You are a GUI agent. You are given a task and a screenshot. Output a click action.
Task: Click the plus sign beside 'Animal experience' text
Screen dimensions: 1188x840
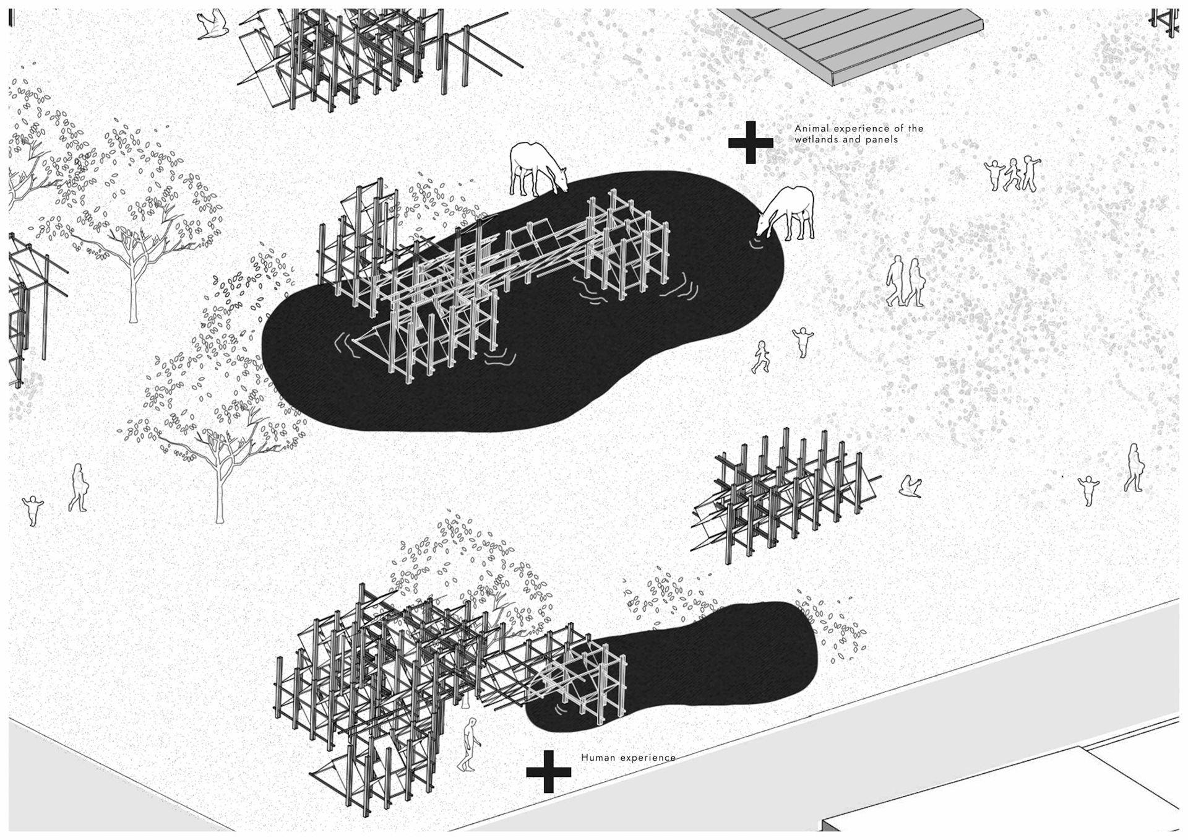pos(751,142)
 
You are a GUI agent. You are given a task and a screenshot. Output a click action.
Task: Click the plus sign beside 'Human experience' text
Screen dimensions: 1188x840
pos(548,771)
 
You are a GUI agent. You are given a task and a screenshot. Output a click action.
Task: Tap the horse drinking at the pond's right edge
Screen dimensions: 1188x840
pos(788,214)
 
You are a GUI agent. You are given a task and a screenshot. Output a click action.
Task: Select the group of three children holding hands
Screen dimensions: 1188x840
pos(1013,174)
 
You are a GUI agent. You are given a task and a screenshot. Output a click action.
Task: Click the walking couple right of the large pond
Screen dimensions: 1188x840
pos(906,282)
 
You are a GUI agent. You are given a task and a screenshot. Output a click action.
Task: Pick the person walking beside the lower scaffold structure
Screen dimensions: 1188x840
pos(470,745)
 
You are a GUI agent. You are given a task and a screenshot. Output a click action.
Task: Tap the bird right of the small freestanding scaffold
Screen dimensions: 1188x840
pos(910,486)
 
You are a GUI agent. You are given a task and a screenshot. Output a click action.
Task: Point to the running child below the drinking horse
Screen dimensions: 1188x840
pos(760,357)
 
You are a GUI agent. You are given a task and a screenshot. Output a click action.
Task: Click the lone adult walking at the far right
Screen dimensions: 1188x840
pos(1134,468)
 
